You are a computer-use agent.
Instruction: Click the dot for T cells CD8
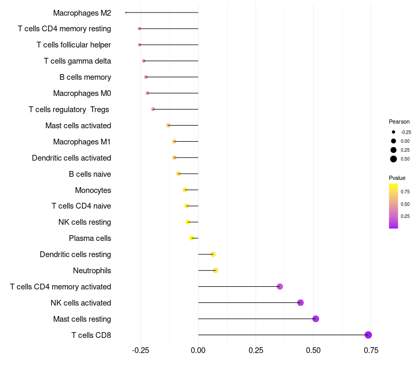coord(368,335)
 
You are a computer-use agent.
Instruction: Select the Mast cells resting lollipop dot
coord(315,319)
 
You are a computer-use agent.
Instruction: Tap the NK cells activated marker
coord(300,302)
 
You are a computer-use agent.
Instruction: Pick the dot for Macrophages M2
coord(126,13)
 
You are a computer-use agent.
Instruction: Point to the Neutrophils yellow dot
coord(215,270)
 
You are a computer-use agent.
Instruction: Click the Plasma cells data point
coord(192,238)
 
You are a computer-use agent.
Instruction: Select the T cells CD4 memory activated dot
coord(280,286)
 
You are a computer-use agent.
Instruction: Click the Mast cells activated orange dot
coord(168,126)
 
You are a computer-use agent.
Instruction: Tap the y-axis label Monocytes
coord(93,190)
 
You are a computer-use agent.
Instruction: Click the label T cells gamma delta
coord(77,61)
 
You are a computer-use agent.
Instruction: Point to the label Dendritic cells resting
coord(75,254)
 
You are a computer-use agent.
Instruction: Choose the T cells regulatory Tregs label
coord(69,110)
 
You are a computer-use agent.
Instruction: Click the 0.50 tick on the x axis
coord(313,350)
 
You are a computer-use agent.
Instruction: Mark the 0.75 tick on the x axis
coord(371,350)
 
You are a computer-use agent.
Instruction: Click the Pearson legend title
coord(399,121)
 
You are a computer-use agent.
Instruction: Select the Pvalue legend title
coord(397,178)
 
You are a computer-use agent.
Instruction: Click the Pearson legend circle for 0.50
coord(394,159)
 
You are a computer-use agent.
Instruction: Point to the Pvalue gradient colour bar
coord(394,205)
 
